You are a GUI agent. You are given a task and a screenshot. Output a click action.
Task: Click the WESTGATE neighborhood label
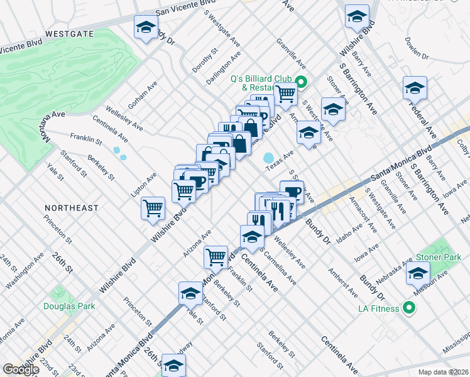pyautogui.click(x=69, y=34)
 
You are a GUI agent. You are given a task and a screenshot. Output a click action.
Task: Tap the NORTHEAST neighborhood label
pyautogui.click(x=72, y=207)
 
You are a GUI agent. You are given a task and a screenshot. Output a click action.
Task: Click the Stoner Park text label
pyautogui.click(x=439, y=258)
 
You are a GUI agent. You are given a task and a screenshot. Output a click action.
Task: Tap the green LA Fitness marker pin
pyautogui.click(x=409, y=308)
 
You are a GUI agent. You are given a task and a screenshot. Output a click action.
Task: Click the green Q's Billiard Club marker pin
pyautogui.click(x=301, y=81)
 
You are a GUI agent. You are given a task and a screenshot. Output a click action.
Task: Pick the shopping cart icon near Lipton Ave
pyautogui.click(x=153, y=208)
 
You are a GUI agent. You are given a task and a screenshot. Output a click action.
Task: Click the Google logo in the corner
pyautogui.click(x=21, y=369)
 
